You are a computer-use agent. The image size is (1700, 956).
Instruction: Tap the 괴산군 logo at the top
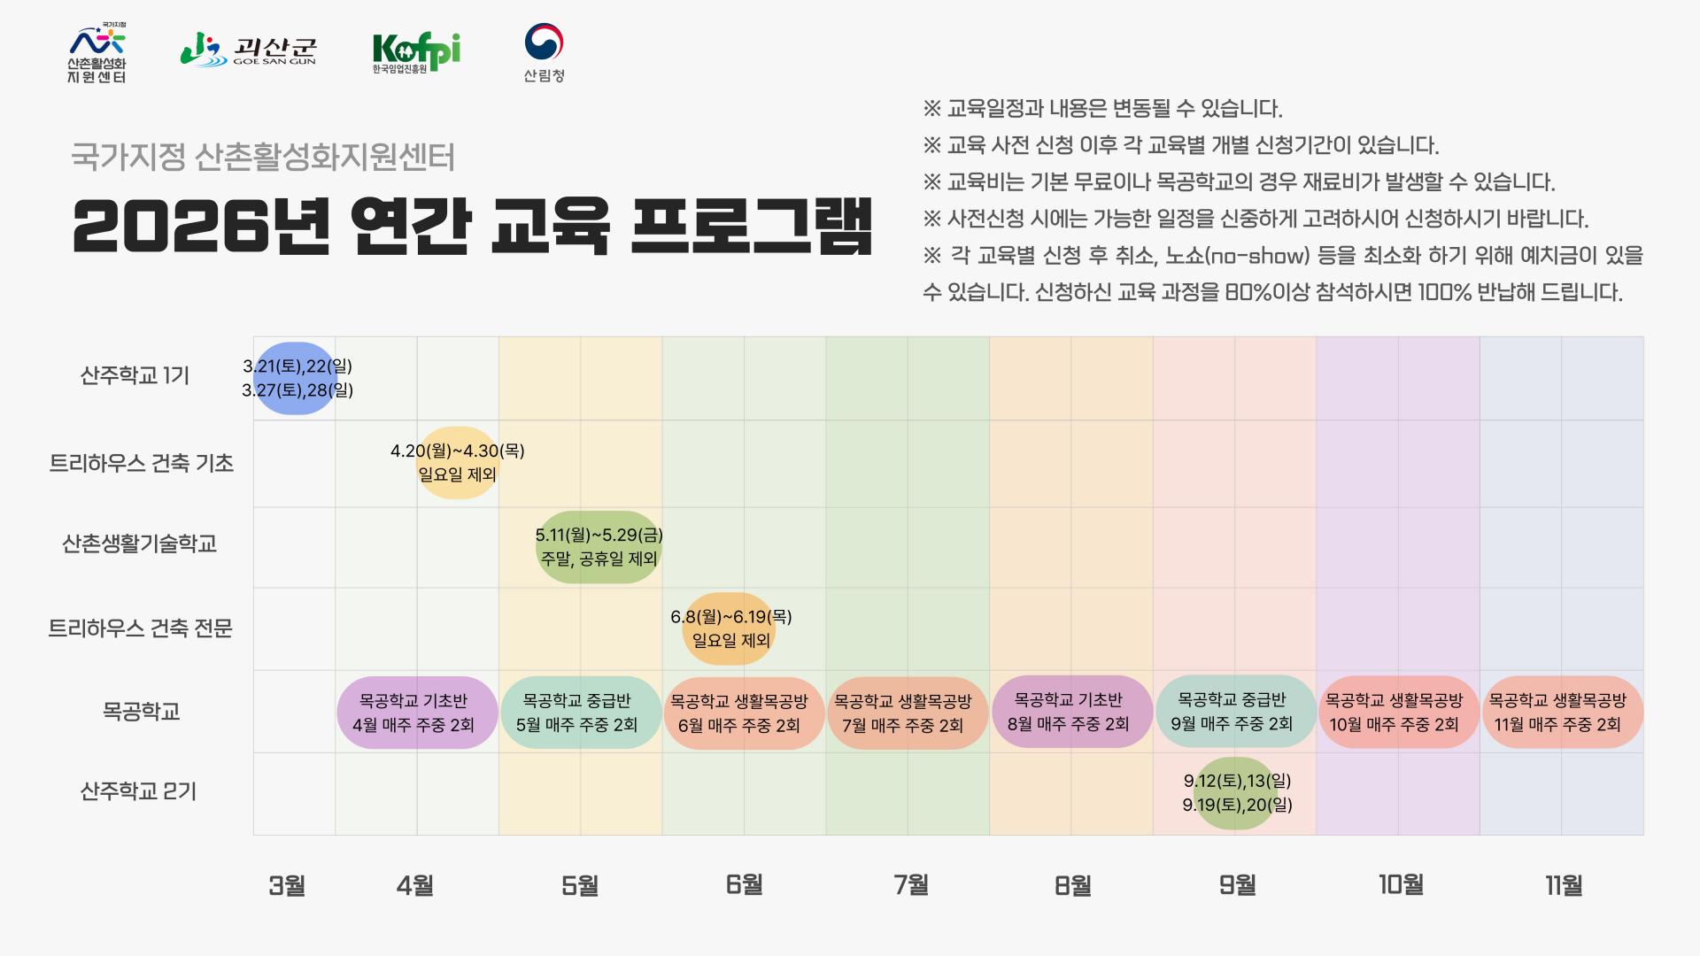pyautogui.click(x=249, y=50)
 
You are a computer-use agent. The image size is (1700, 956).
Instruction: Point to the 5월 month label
pyautogui.click(x=580, y=884)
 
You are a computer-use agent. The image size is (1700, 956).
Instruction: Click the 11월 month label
pyautogui.click(x=1564, y=884)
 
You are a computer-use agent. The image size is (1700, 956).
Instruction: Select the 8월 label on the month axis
pyautogui.click(x=1072, y=884)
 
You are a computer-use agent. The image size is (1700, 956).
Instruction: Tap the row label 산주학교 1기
pyautogui.click(x=135, y=375)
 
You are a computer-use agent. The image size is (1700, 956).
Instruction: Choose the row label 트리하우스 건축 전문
pyautogui.click(x=140, y=628)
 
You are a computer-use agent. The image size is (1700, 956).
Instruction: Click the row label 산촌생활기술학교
pyautogui.click(x=139, y=544)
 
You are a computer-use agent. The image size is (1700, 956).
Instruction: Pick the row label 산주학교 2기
pyautogui.click(x=138, y=790)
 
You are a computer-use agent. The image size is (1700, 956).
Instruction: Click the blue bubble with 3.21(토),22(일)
pyautogui.click(x=296, y=378)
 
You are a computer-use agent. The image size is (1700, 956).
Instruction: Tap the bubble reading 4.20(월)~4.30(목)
pyautogui.click(x=457, y=463)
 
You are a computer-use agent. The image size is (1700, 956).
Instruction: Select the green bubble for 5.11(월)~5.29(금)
pyautogui.click(x=599, y=547)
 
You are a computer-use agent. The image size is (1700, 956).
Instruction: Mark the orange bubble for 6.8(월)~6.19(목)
pyautogui.click(x=730, y=628)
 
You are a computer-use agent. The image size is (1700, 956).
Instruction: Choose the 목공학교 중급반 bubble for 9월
pyautogui.click(x=1234, y=712)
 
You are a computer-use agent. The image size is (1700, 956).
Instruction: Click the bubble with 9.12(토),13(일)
pyautogui.click(x=1236, y=793)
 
